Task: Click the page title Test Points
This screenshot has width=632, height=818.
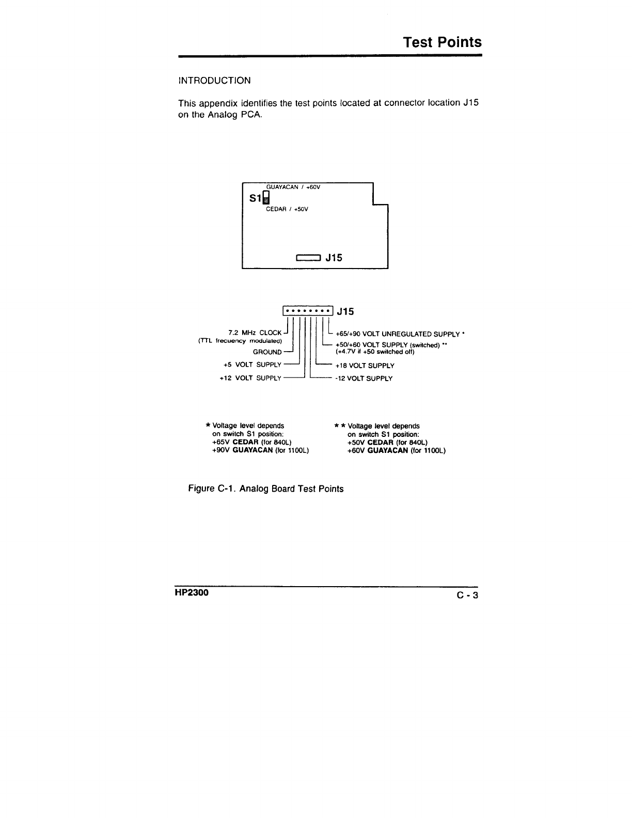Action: [x=442, y=42]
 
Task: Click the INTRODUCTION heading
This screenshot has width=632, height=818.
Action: [x=214, y=81]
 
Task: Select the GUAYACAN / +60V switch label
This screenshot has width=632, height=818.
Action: [x=293, y=187]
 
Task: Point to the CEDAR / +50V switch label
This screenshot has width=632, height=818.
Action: [x=287, y=209]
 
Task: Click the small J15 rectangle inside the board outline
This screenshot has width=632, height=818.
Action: [x=308, y=257]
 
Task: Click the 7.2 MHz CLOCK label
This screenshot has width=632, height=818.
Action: [x=255, y=333]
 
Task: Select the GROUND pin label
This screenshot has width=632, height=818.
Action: [x=267, y=352]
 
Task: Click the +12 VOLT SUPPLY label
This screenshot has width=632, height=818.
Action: [x=250, y=378]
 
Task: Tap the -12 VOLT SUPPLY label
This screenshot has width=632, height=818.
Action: [x=364, y=379]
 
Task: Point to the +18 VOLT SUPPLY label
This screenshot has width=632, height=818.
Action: [x=365, y=366]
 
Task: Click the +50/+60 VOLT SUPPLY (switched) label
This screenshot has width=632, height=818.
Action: [x=390, y=345]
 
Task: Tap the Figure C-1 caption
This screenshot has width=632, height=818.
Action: [x=265, y=489]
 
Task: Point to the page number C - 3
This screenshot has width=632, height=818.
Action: [x=467, y=595]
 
